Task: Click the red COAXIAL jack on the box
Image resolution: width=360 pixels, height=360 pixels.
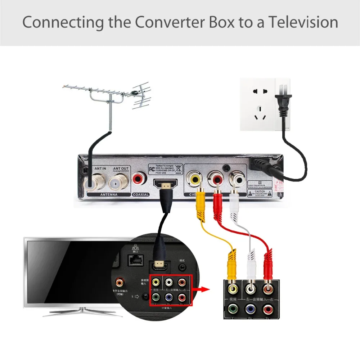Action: tap(139, 178)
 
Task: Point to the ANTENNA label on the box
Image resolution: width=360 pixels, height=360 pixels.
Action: tap(104, 194)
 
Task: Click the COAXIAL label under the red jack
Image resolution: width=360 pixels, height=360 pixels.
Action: tap(140, 194)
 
